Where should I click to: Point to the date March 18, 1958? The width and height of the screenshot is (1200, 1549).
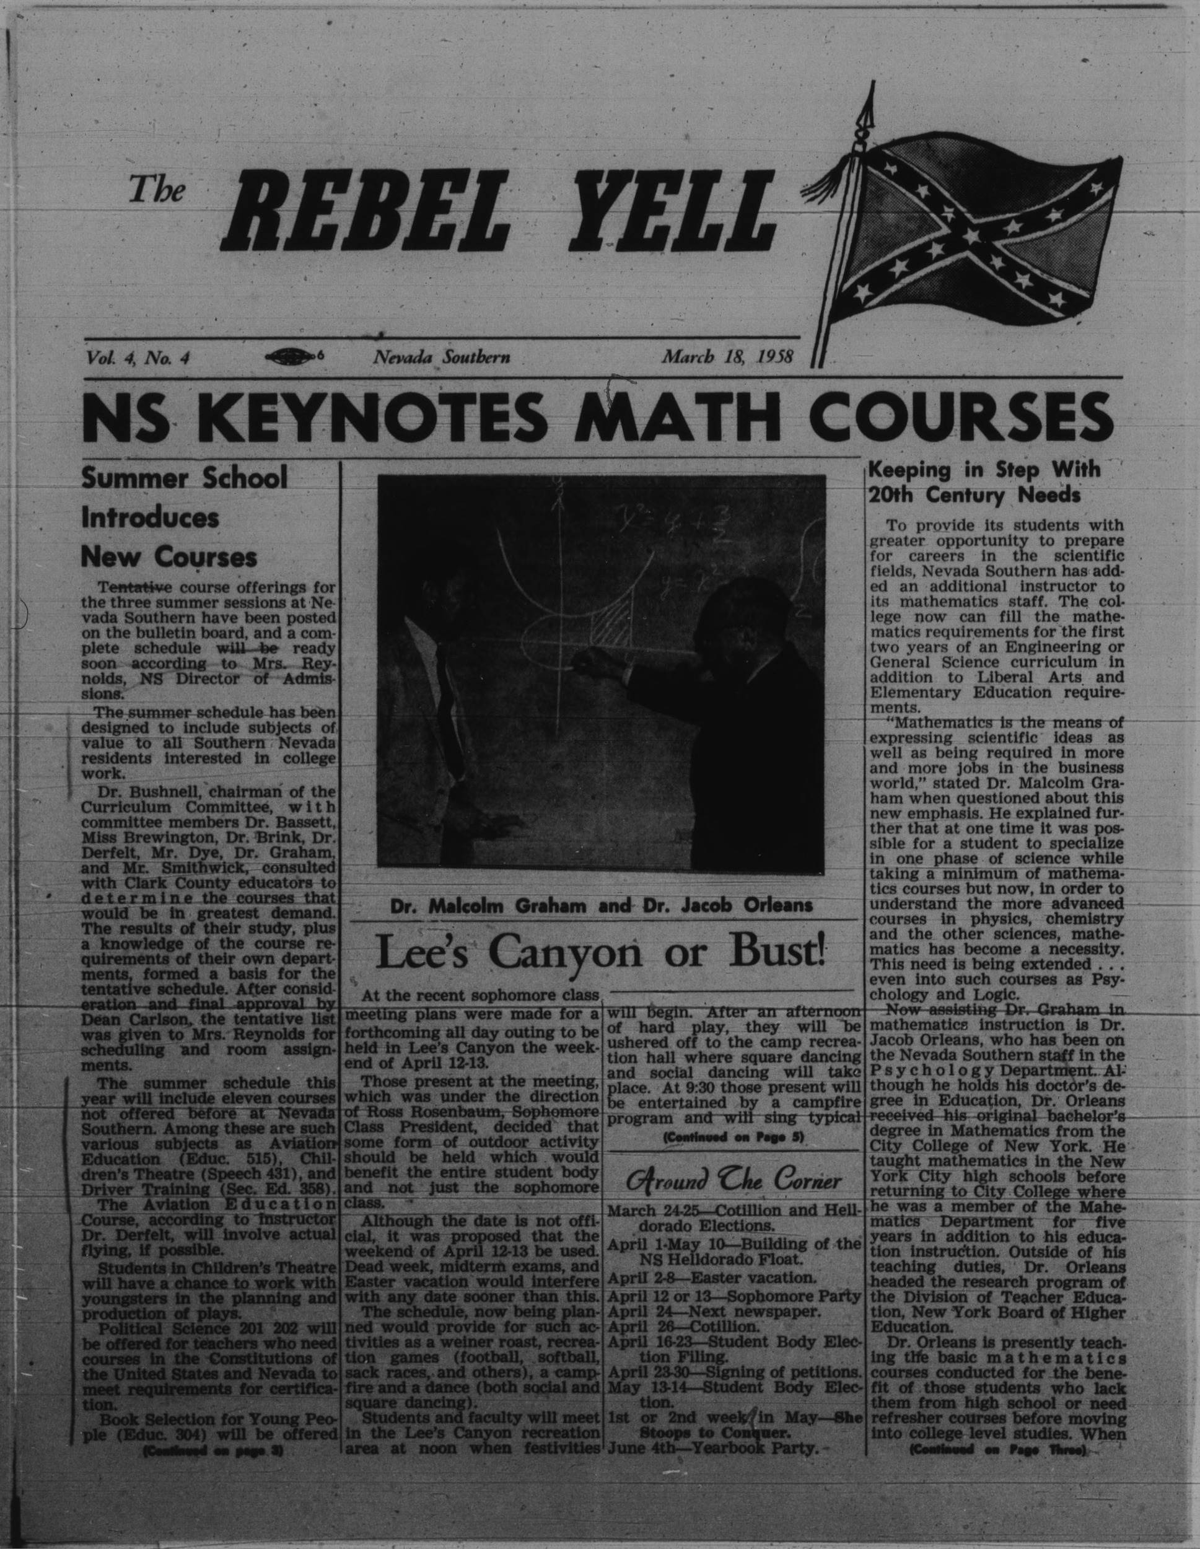coord(727,358)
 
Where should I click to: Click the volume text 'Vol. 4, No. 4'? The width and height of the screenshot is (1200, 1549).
coord(136,358)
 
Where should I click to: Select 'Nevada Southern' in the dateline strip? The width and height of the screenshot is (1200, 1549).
coord(442,358)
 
